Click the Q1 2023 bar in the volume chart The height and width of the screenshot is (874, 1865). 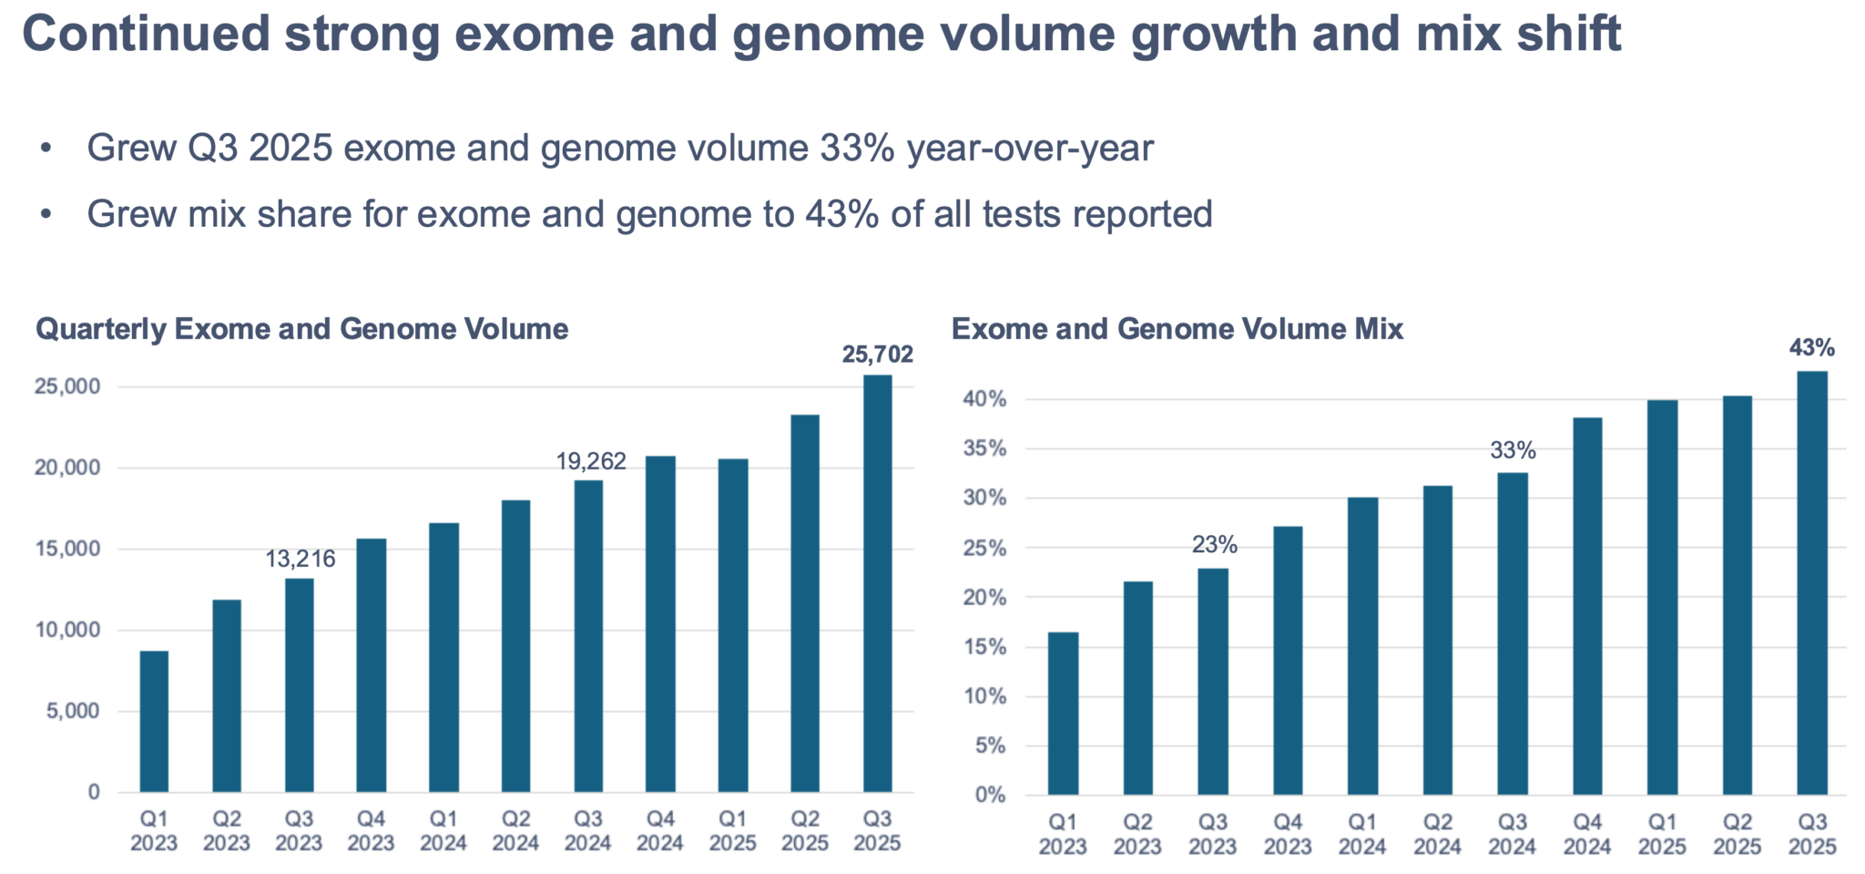154,721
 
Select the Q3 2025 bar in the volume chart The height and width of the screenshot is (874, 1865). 877,583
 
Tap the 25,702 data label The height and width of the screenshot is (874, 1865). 877,354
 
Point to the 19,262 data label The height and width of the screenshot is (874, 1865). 591,461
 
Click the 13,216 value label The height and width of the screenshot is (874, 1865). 301,559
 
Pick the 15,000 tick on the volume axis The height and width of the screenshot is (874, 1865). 67,549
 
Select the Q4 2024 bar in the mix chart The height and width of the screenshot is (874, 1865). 1587,606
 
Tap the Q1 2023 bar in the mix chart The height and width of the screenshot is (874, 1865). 1063,714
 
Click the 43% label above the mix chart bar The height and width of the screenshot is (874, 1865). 1812,347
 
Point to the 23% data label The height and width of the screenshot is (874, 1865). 1214,545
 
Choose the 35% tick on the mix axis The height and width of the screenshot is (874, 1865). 984,448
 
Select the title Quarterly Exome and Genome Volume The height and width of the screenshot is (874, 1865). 302,329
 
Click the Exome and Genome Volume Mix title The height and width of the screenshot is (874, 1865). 1177,329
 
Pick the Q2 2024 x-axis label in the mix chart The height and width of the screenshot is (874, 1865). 1437,835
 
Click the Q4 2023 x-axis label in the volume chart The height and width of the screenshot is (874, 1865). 371,831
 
